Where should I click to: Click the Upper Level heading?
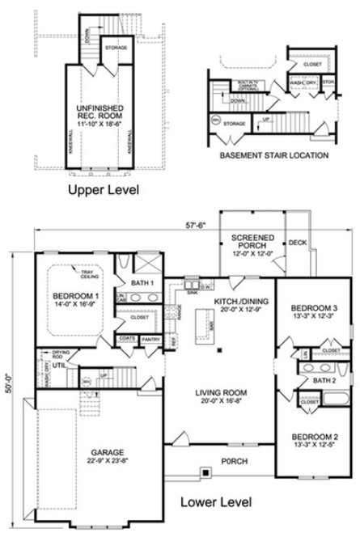(x=104, y=191)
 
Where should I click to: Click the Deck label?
(x=296, y=243)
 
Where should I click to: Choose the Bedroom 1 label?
(x=76, y=301)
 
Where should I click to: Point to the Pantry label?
(x=151, y=339)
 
